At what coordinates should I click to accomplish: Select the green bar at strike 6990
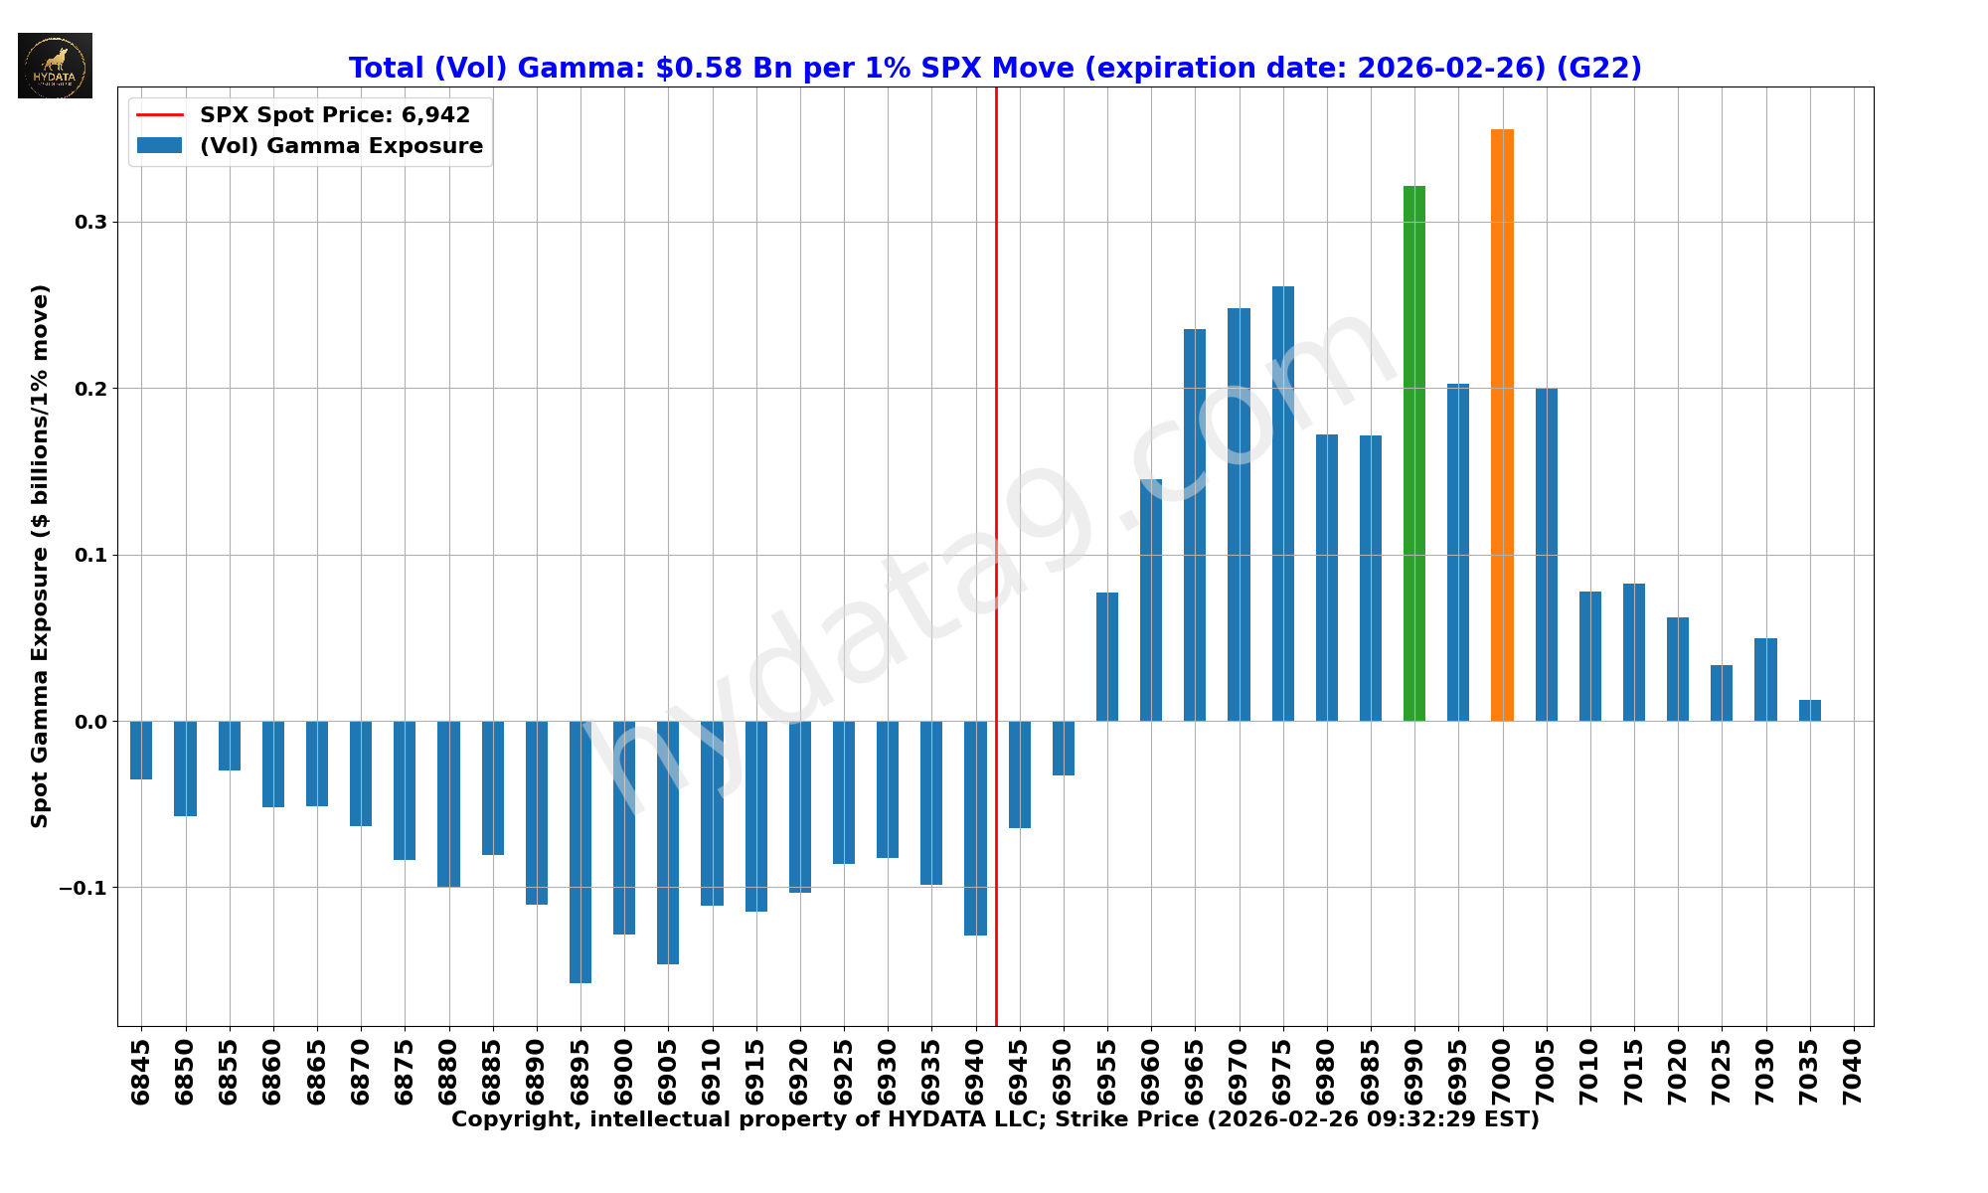click(1413, 453)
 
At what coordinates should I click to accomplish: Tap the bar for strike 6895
click(580, 852)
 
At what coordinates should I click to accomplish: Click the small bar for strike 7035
click(1809, 711)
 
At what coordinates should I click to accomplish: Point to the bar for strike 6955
click(1106, 657)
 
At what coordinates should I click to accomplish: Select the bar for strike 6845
click(141, 750)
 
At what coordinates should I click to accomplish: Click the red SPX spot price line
click(996, 398)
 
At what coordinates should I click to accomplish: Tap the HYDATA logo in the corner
click(55, 66)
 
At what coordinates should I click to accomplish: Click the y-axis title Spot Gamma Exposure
click(40, 557)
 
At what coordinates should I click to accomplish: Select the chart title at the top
click(995, 69)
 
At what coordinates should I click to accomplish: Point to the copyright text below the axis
click(995, 1120)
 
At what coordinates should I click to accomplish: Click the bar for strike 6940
click(975, 828)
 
